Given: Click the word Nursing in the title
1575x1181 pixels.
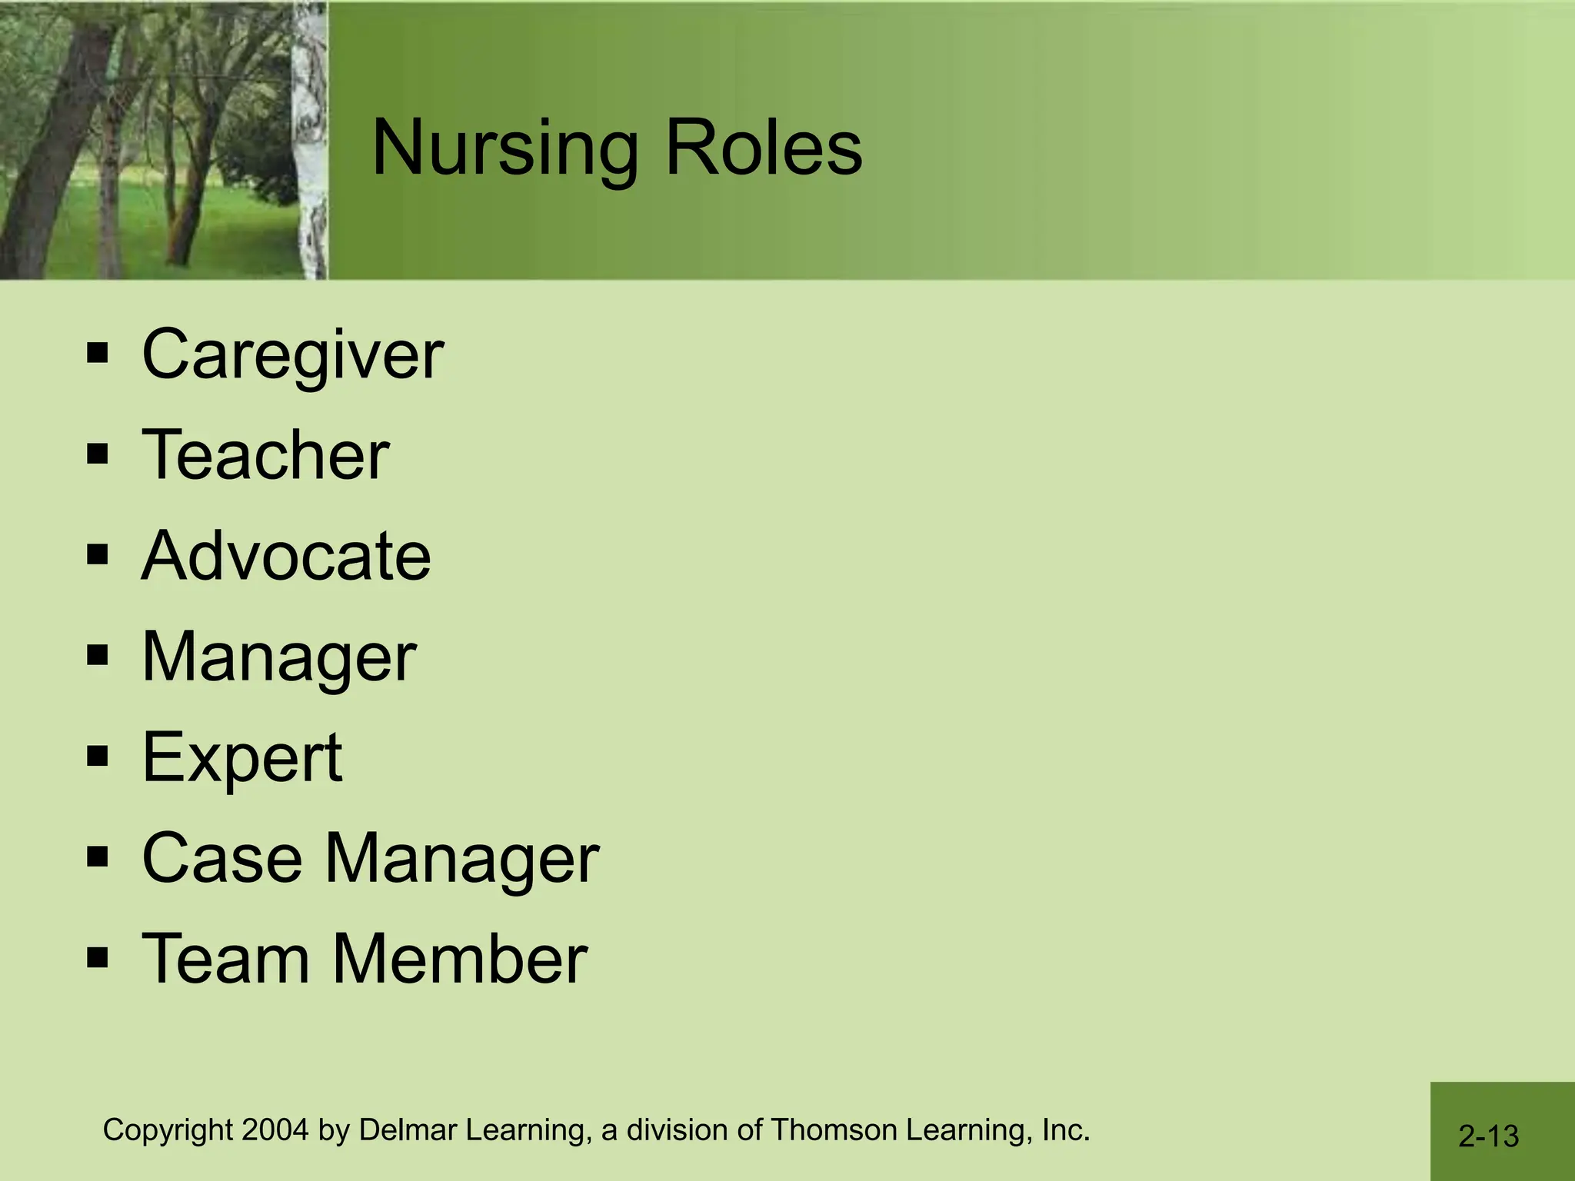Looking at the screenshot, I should [x=504, y=149].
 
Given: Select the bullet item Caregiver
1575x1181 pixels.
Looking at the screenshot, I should [x=292, y=355].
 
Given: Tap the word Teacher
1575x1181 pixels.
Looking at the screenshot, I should [x=265, y=455].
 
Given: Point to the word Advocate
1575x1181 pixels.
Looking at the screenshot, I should [x=286, y=556].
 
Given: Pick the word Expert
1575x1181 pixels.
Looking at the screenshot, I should [x=241, y=758].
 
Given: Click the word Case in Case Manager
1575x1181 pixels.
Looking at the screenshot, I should [x=222, y=858].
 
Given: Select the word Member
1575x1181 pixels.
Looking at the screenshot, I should [x=460, y=959].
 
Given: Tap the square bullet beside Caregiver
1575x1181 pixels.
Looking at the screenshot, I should [x=98, y=354].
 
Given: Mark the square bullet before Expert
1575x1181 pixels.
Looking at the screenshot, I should [x=98, y=757].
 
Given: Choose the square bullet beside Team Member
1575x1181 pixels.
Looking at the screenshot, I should [x=98, y=958].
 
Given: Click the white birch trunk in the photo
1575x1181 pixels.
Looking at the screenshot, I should [x=311, y=138].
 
